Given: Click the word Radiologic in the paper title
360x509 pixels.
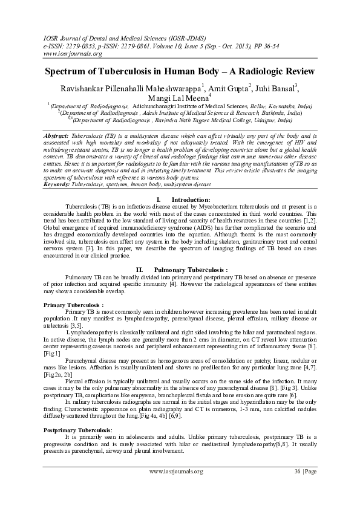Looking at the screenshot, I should tap(250, 71).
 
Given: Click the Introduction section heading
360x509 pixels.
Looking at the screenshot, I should tap(190, 199).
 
